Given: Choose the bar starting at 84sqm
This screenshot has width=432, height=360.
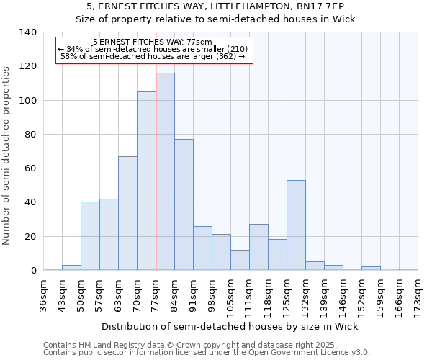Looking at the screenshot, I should point(184,204).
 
